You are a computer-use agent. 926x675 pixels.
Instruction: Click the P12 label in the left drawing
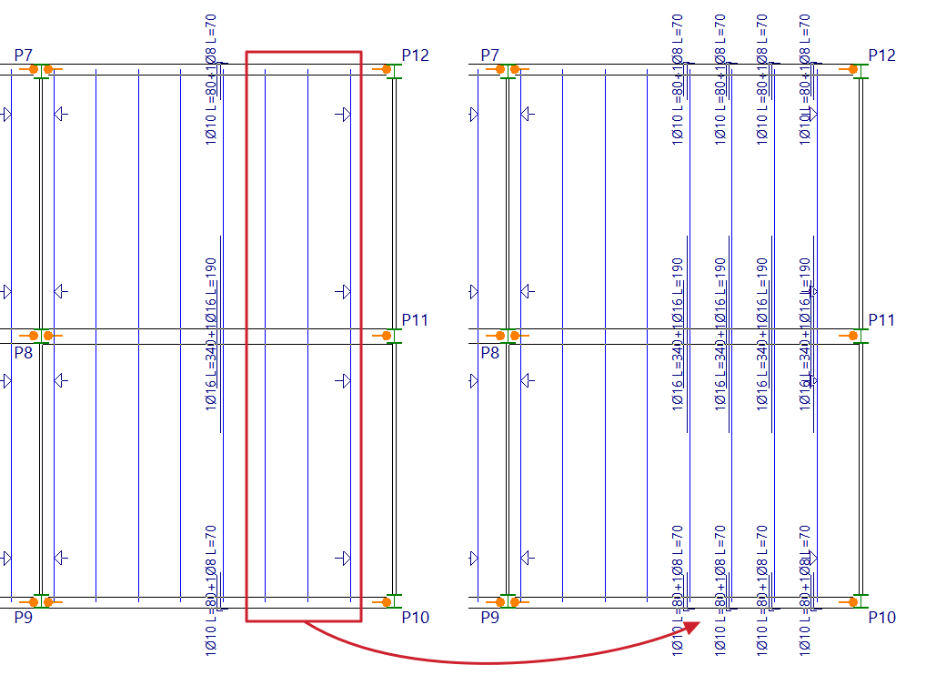415,55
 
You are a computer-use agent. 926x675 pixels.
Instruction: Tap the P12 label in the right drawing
881,55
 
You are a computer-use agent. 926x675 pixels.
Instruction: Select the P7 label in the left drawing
24,55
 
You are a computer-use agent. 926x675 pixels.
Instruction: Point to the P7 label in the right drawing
490,55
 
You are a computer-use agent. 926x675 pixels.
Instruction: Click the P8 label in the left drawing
23,352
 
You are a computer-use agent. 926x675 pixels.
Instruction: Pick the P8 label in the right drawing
489,352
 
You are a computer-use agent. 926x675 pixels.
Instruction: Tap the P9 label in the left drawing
24,617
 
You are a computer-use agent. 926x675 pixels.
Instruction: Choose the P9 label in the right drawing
490,617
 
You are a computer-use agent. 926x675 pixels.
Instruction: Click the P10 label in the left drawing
415,618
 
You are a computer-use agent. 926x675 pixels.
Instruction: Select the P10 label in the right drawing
881,618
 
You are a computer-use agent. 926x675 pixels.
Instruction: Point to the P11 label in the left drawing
415,320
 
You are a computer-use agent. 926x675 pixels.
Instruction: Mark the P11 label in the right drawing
881,320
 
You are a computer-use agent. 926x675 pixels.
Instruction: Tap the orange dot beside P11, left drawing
387,336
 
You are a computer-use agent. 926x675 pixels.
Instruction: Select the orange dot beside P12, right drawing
853,69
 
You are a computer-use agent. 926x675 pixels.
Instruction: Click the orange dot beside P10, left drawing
387,601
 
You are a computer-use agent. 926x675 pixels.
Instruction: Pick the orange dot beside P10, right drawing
853,601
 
